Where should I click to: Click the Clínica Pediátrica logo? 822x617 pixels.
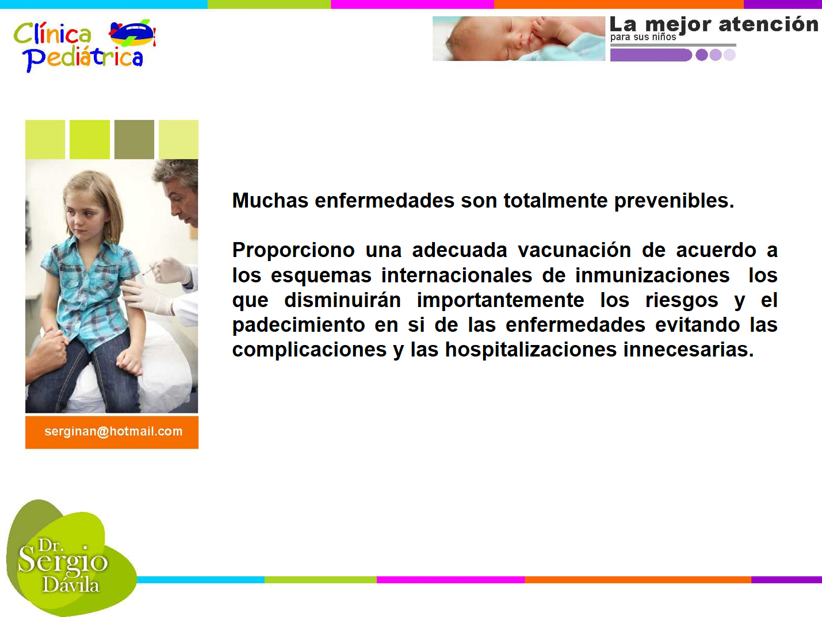(x=85, y=45)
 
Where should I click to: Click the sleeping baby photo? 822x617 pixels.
(x=519, y=38)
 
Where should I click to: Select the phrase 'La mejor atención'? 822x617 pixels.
(x=714, y=25)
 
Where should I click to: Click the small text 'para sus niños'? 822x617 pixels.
(x=643, y=37)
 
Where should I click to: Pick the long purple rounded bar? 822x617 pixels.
(x=651, y=55)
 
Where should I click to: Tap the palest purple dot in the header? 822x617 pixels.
(x=729, y=55)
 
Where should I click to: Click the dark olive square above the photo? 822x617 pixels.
(x=134, y=139)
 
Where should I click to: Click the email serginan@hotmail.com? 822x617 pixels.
(x=113, y=431)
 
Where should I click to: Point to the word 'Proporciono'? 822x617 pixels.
(x=293, y=251)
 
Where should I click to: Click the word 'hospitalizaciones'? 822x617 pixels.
(x=531, y=350)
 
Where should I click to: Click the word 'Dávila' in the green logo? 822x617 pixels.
(x=71, y=585)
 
